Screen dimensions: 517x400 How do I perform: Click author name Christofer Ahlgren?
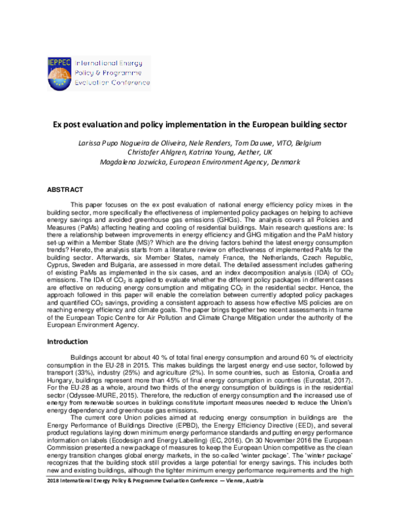(151, 153)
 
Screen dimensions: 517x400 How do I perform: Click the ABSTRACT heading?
(65, 191)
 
